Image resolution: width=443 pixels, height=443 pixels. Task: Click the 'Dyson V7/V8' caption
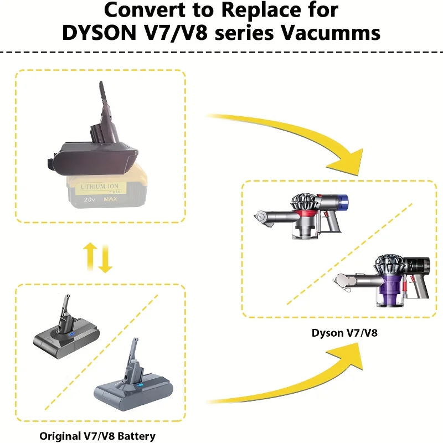point(339,333)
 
